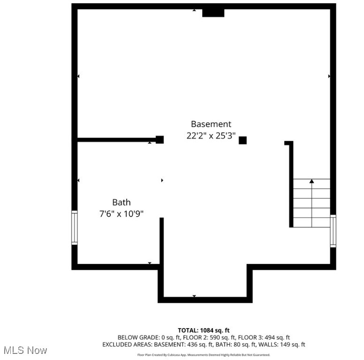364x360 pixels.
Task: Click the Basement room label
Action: (x=211, y=124)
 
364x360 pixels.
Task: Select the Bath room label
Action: (x=121, y=202)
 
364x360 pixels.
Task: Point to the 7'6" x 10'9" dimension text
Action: (x=121, y=214)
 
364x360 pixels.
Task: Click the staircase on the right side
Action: (x=312, y=203)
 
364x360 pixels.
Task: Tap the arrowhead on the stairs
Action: (x=312, y=181)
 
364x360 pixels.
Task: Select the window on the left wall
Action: (x=74, y=227)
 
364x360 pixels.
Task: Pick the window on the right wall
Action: (x=333, y=231)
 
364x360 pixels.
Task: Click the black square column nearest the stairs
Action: (x=243, y=140)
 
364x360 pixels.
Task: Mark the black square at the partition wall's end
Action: (x=159, y=139)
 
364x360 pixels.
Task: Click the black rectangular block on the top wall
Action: (x=213, y=13)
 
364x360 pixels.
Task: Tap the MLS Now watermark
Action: (x=25, y=350)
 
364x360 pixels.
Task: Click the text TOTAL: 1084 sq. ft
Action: (x=204, y=330)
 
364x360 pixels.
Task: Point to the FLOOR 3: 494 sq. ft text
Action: (x=267, y=337)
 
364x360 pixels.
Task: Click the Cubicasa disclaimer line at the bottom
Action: (x=204, y=355)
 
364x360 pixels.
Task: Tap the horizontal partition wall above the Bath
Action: (x=117, y=139)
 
